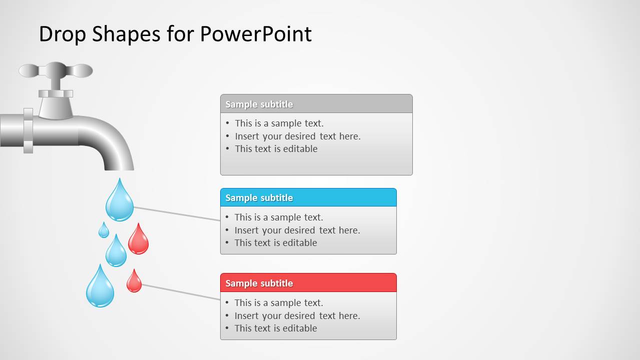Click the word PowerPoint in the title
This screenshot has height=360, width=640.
(x=256, y=34)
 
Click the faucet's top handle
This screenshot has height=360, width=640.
(x=56, y=70)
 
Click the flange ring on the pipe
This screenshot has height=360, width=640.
(x=28, y=130)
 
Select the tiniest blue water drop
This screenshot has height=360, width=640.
(x=104, y=231)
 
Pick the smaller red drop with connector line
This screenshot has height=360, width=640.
(x=134, y=282)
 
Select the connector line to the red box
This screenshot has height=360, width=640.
(x=181, y=292)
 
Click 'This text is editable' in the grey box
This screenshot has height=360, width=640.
(x=276, y=149)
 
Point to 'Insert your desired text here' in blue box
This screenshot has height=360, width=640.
(x=297, y=230)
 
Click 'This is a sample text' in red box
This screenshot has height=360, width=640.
(x=279, y=303)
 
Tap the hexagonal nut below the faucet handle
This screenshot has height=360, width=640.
(x=56, y=93)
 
